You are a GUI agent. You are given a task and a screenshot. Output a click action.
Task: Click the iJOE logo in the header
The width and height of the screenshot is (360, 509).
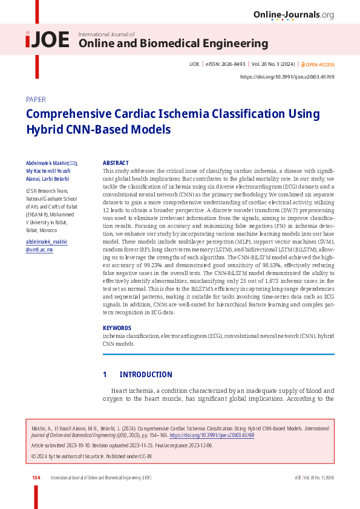pyautogui.click(x=47, y=40)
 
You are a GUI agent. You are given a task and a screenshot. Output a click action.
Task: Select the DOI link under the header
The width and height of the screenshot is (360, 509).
pyautogui.click(x=287, y=77)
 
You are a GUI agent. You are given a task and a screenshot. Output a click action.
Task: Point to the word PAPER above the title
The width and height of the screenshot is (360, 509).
pyautogui.click(x=36, y=100)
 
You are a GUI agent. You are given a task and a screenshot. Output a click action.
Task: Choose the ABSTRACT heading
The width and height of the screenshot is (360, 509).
pyautogui.click(x=116, y=163)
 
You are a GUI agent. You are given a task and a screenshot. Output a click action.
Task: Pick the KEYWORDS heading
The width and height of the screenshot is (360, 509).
pyautogui.click(x=117, y=328)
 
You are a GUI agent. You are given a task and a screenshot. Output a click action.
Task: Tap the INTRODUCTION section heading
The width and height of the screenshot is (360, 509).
pyautogui.click(x=145, y=374)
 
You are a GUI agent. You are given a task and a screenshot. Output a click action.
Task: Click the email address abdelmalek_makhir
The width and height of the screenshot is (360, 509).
pyautogui.click(x=47, y=242)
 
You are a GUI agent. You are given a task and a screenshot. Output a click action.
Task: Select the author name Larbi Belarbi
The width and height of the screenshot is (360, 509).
pyautogui.click(x=56, y=179)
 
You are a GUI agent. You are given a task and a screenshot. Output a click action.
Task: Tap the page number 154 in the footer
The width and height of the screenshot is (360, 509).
pyautogui.click(x=36, y=478)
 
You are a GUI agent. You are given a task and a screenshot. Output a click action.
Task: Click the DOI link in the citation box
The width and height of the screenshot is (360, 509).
pyautogui.click(x=212, y=435)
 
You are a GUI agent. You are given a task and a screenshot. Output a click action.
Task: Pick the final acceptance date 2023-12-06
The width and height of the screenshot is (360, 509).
pyautogui.click(x=198, y=445)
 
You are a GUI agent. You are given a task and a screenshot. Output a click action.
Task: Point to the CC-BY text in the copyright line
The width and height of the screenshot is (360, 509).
pyautogui.click(x=146, y=456)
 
